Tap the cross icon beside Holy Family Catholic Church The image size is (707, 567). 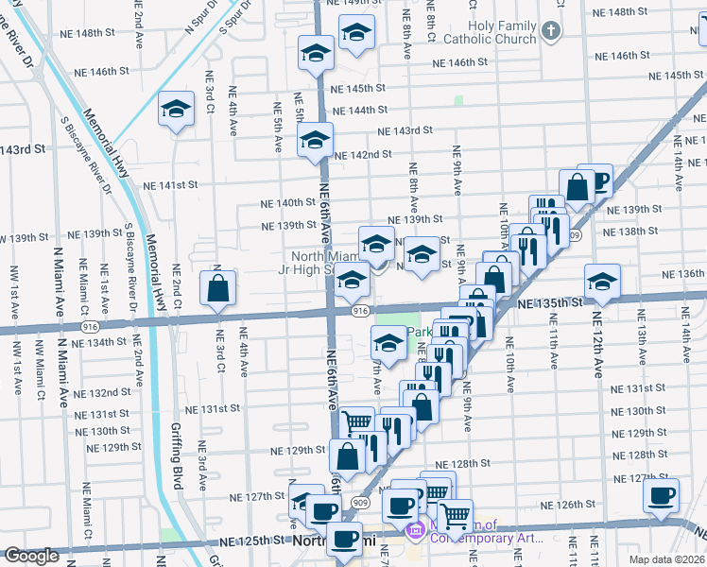pyautogui.click(x=552, y=32)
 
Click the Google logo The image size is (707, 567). pyautogui.click(x=31, y=557)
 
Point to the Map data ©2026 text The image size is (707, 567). pyautogui.click(x=668, y=559)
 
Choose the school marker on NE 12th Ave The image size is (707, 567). pyautogui.click(x=601, y=280)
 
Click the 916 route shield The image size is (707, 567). pyautogui.click(x=359, y=311)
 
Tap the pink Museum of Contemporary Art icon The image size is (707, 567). pyautogui.click(x=414, y=533)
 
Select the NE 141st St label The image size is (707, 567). pyautogui.click(x=170, y=185)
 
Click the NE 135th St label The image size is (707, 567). pyautogui.click(x=551, y=303)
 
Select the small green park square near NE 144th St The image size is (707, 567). pyautogui.click(x=459, y=100)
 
